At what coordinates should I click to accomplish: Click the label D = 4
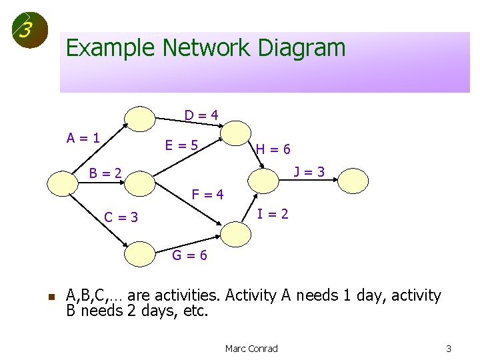[201, 115]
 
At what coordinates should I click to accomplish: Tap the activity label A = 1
[83, 139]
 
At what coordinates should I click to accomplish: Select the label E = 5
[182, 144]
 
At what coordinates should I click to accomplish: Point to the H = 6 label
[273, 150]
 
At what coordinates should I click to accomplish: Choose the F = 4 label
[207, 195]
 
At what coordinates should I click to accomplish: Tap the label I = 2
[273, 214]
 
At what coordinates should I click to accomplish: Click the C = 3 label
[121, 217]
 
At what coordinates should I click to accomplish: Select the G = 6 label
[190, 255]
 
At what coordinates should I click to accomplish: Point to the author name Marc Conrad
[251, 349]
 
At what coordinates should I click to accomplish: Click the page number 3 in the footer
[449, 349]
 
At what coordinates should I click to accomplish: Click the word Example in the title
[111, 48]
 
